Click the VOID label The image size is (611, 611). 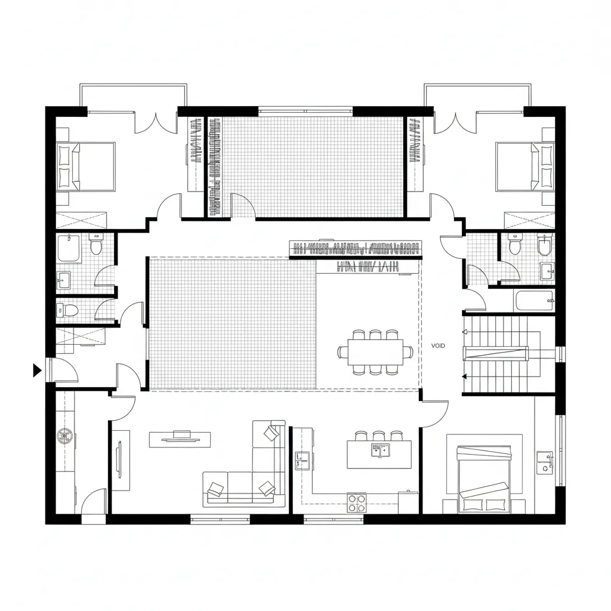tap(438, 345)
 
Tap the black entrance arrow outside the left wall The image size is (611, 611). tap(36, 370)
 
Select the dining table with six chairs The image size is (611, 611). tap(375, 352)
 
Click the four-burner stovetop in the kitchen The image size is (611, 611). tap(357, 502)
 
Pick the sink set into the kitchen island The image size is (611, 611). tap(381, 450)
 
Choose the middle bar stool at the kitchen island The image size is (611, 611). tap(378, 436)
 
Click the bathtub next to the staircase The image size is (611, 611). tap(534, 301)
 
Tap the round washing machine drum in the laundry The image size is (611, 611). tap(64, 436)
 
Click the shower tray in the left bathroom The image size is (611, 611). tap(69, 248)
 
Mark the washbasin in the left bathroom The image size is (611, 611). tap(63, 280)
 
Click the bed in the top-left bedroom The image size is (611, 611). tap(86, 167)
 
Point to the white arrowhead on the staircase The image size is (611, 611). tap(464, 332)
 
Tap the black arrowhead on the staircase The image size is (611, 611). tap(464, 377)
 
